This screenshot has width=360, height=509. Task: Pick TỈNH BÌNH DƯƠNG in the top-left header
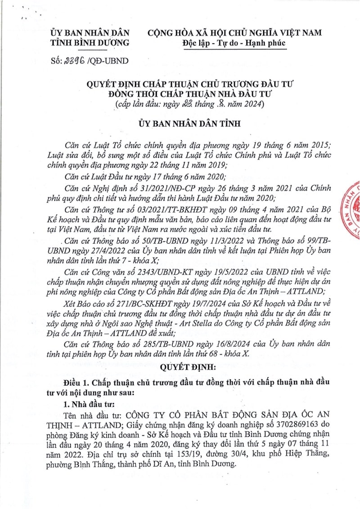coord(90,43)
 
